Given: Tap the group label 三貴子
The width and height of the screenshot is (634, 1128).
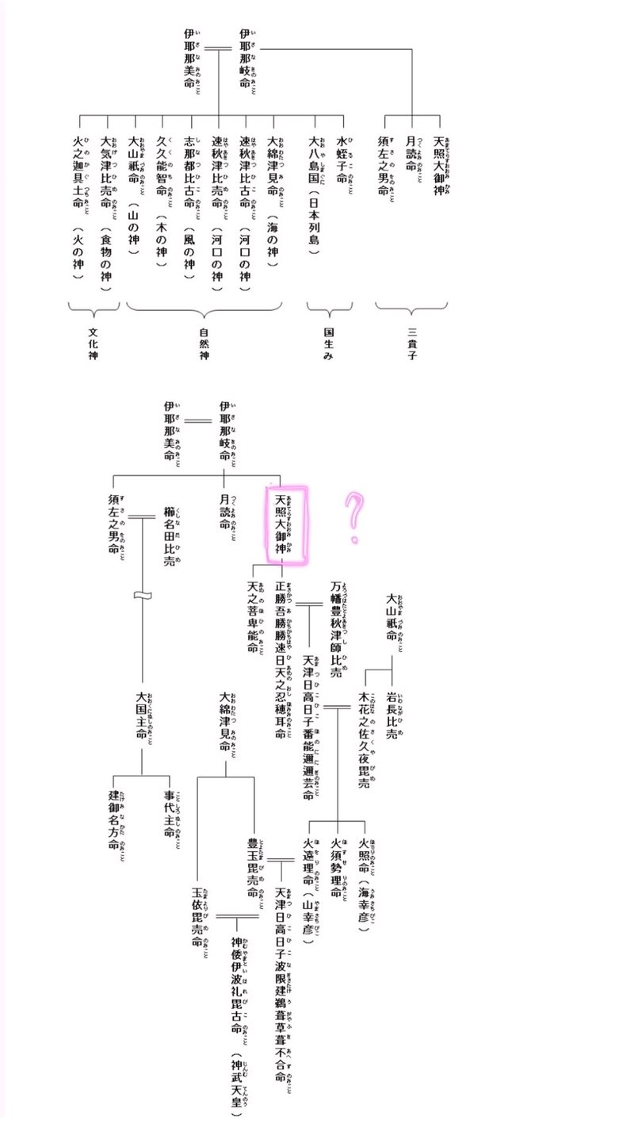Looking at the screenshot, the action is tap(411, 340).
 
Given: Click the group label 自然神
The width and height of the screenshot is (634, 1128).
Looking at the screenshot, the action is tap(204, 340).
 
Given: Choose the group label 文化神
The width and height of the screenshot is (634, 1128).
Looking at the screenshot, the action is tap(94, 340).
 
